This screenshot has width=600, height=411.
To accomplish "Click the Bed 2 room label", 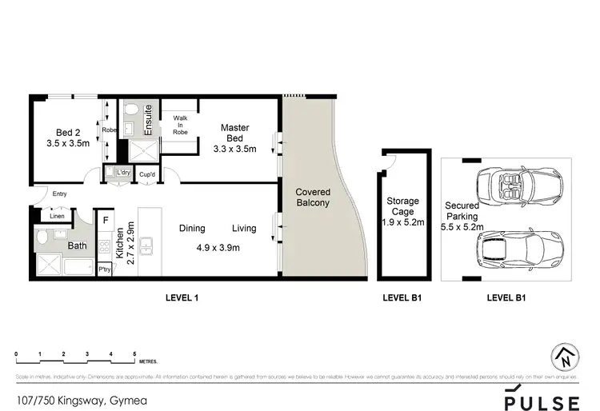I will pyautogui.click(x=68, y=137).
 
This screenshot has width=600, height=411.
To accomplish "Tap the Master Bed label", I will pyautogui.click(x=234, y=138).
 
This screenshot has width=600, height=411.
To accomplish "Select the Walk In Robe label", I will pyautogui.click(x=180, y=124).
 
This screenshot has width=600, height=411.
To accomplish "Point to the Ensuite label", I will pyautogui.click(x=150, y=118).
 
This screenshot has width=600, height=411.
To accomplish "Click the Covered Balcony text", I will pyautogui.click(x=313, y=198).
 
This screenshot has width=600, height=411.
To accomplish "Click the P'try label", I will pyautogui.click(x=105, y=269).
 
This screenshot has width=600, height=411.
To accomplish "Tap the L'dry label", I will pyautogui.click(x=123, y=173).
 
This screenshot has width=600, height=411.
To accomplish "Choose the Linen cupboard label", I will pyautogui.click(x=56, y=216).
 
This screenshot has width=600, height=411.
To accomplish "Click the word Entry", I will pyautogui.click(x=59, y=194).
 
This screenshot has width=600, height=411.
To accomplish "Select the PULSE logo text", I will pyautogui.click(x=542, y=400).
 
